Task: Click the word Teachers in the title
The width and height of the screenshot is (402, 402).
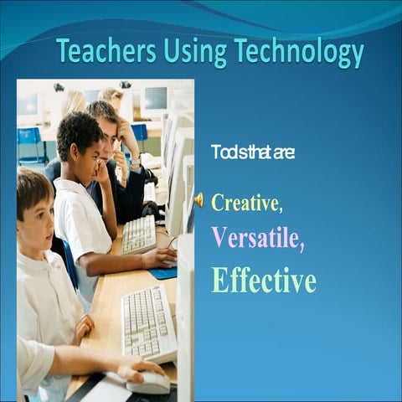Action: pos(102,51)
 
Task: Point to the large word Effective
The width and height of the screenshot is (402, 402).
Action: pos(264,280)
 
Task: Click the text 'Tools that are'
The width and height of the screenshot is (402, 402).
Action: pos(252,152)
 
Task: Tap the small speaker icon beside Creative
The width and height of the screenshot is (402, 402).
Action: pos(198,200)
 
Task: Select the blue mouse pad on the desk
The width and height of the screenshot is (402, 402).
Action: pos(164,273)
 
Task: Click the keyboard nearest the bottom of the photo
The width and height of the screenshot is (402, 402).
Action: pos(147,322)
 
